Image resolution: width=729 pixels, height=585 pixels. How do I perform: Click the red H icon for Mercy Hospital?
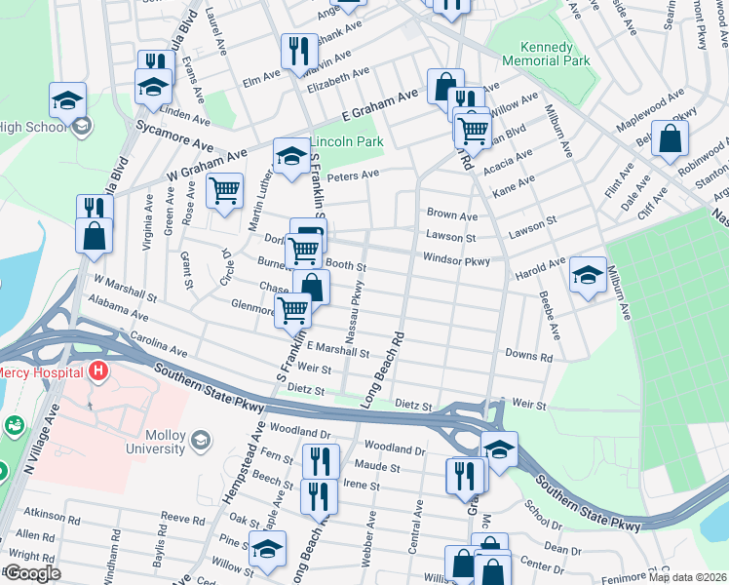click(97, 371)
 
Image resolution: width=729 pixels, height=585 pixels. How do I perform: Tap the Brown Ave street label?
click(452, 215)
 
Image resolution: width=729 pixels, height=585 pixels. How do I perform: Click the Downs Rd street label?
click(528, 358)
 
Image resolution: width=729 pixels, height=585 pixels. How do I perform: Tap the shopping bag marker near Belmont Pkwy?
click(670, 139)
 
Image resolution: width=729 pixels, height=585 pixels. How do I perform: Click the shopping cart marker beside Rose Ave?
click(225, 192)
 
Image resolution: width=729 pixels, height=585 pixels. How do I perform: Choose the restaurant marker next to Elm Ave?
click(298, 52)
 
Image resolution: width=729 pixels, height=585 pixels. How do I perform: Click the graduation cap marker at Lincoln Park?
click(290, 156)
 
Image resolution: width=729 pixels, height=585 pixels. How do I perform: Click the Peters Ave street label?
click(352, 176)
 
